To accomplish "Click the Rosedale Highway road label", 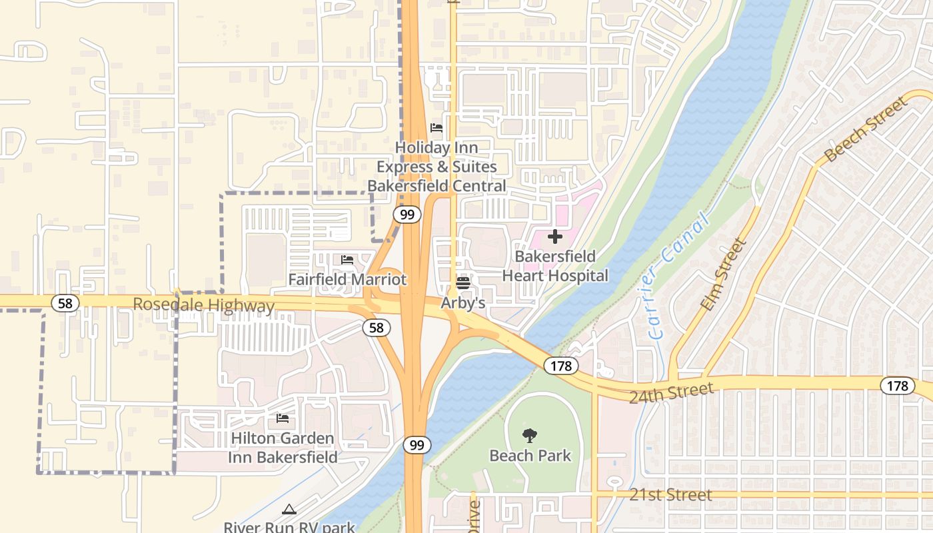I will point(203,305).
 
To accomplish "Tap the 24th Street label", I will point(671,392).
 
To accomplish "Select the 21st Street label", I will point(670,495).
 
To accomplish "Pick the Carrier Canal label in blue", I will point(677,274).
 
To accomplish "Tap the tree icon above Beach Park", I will point(530,436).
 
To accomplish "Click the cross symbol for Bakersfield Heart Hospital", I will point(554,237).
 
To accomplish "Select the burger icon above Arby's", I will point(463,283).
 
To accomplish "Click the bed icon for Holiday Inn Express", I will point(437,128).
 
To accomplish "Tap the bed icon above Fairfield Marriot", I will point(347,260).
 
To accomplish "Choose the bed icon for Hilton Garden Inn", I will point(283,418).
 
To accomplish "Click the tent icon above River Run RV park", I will point(289,510).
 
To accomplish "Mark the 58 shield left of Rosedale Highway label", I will point(65,303).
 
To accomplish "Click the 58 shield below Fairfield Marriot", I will point(377,327).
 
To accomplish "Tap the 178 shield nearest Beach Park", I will point(560,365).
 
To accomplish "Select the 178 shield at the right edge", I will point(897,385).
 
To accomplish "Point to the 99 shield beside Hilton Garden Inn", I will point(417,445).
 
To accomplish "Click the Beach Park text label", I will point(530,456).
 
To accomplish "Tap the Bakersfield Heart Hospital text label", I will point(554,266).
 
